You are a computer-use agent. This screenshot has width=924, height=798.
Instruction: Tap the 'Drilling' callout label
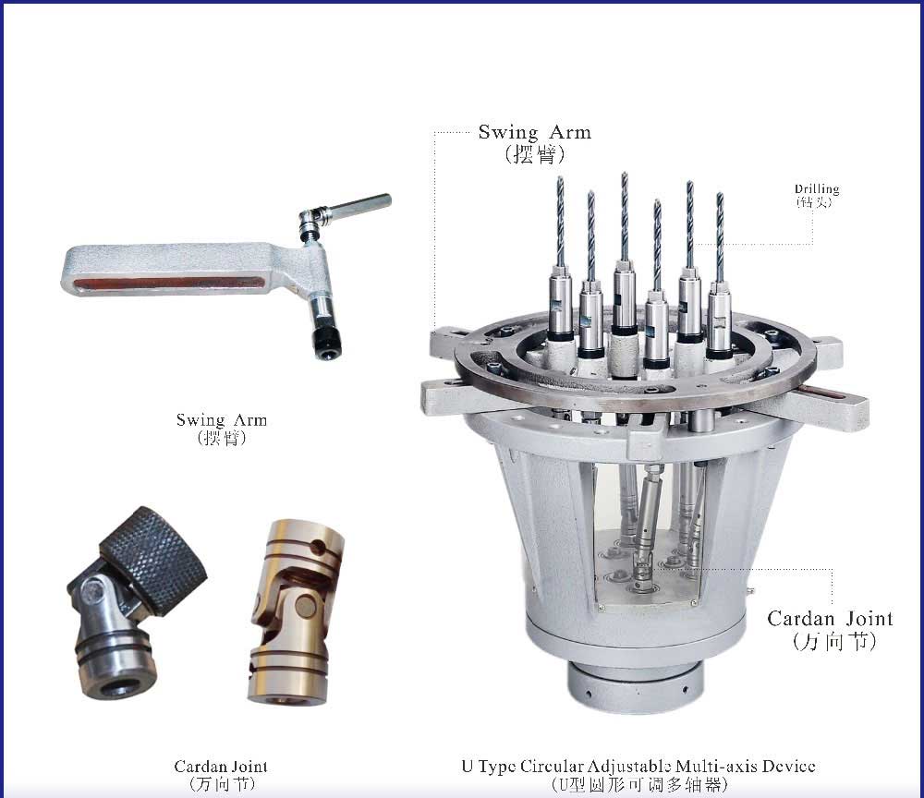tap(817, 189)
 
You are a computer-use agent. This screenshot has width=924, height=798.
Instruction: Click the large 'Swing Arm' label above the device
tap(534, 132)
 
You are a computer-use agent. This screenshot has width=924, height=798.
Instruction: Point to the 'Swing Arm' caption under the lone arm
tap(222, 420)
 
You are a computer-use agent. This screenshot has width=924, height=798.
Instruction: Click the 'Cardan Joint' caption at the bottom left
tap(221, 767)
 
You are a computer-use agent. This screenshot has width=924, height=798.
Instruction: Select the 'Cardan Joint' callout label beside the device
tap(830, 619)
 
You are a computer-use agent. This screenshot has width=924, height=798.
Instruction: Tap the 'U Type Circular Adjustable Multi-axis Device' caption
tap(638, 767)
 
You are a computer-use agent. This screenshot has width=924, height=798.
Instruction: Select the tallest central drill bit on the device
tap(625, 217)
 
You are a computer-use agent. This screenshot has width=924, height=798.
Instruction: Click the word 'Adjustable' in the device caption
tap(631, 767)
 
